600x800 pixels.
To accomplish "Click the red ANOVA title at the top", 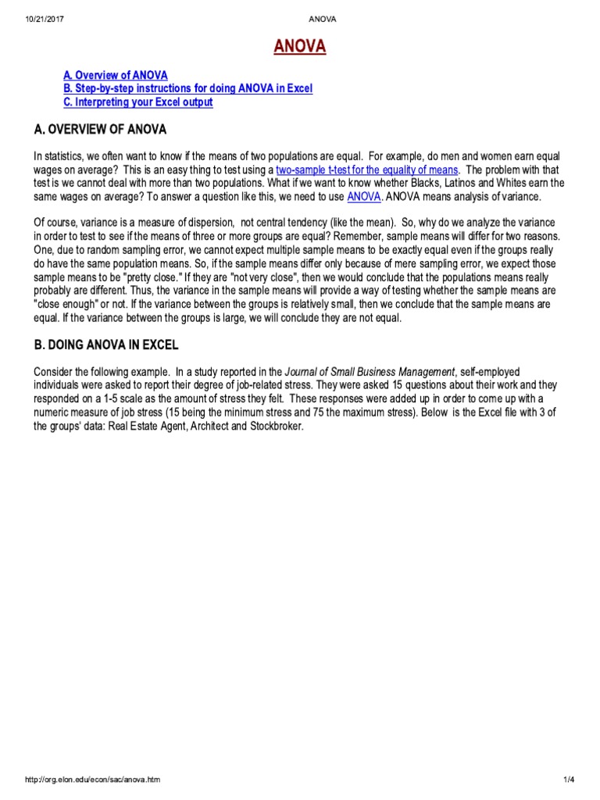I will (x=300, y=48).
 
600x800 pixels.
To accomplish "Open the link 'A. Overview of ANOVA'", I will (x=115, y=75).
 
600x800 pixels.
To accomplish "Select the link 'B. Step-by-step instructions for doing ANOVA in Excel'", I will (x=187, y=88).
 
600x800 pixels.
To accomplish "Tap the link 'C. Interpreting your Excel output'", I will (x=138, y=102).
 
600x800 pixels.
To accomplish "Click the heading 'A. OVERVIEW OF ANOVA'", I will (x=100, y=129).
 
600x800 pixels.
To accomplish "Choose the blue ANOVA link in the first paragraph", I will (x=365, y=196).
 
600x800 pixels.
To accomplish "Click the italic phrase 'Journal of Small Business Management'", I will (x=370, y=371).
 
